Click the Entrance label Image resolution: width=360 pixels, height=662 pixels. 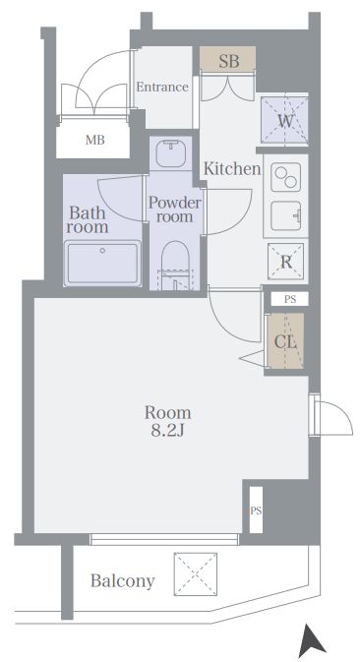pos(162,87)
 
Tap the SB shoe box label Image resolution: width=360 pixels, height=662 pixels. pos(229,61)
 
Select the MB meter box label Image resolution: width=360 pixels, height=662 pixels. pos(95,140)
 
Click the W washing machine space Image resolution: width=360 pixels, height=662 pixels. pos(284,121)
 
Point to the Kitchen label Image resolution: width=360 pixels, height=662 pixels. pos(232,168)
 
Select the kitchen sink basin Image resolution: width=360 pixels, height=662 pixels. pos(285,215)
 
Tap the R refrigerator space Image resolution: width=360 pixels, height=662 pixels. pos(285,262)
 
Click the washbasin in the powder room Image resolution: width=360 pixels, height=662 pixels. pos(171,153)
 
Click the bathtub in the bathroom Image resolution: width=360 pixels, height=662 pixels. pos(102,263)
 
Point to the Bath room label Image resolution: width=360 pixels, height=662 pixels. pos(89,219)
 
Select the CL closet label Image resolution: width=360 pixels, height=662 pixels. pos(285,341)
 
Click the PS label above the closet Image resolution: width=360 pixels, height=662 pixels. pos(290,299)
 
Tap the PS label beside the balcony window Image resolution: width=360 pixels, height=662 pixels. pos(256,511)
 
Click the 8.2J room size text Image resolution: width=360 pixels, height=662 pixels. pos(168,432)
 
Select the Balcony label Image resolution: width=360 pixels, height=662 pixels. pos(123,581)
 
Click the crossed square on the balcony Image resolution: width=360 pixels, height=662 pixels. pos(196,572)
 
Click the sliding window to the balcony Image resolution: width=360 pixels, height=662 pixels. pos(164,539)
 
